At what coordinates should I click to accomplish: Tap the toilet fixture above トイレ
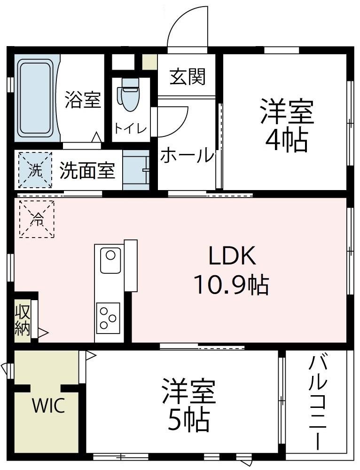(x=130, y=94)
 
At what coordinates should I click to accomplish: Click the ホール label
(x=187, y=156)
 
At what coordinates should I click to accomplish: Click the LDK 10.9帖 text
(x=231, y=271)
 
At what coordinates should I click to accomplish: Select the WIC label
(x=48, y=406)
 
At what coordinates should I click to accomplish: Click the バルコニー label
(x=318, y=402)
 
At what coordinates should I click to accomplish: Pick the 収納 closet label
(x=22, y=320)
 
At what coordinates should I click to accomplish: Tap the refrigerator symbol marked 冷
(x=36, y=218)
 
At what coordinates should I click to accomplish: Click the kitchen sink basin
(x=110, y=259)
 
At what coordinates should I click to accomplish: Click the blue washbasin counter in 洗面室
(x=136, y=170)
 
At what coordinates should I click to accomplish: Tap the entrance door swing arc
(x=187, y=26)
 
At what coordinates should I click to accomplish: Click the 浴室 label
(x=83, y=100)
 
